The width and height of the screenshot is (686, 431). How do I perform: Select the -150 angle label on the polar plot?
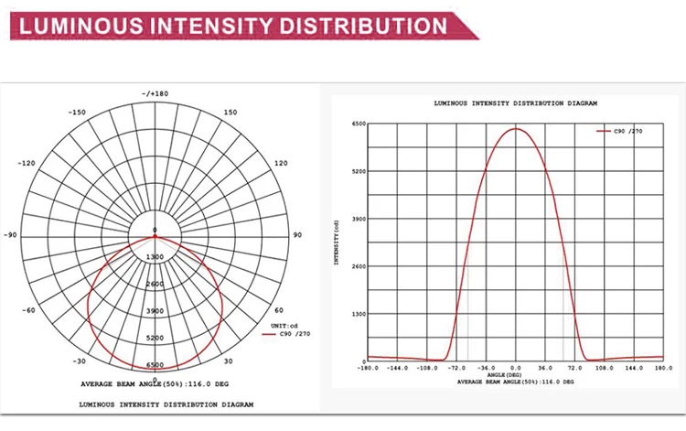pos(77,113)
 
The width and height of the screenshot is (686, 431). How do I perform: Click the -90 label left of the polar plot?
pos(11,235)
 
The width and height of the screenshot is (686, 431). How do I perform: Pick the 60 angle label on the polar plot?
pos(279,310)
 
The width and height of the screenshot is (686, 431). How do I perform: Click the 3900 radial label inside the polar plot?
pos(155,311)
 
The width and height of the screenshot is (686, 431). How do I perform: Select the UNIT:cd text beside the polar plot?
pos(281,326)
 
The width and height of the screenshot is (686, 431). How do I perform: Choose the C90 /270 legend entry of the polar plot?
pos(287,335)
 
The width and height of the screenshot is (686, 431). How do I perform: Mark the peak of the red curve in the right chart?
pos(516,128)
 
